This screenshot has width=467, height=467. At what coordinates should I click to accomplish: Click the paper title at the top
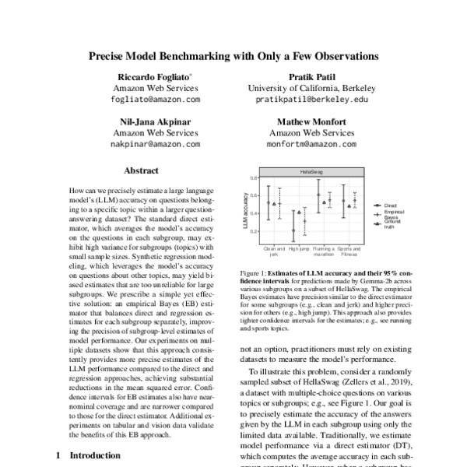233,57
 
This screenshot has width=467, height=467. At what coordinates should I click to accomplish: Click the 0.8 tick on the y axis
254,178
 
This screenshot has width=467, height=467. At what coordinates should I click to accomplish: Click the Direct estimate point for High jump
293,230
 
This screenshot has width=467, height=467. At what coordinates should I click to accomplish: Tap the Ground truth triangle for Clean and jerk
275,204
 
